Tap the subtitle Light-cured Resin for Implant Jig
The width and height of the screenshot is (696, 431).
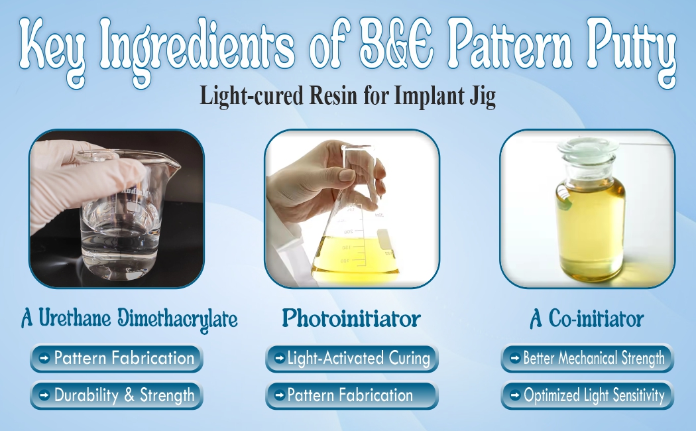tap(348, 97)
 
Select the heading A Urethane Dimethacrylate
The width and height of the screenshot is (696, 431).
tap(129, 320)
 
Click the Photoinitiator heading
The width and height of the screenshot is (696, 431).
tap(351, 319)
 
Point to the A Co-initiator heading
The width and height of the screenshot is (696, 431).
tap(587, 320)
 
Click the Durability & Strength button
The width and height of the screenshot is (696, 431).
tap(116, 396)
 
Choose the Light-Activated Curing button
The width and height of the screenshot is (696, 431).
tap(351, 359)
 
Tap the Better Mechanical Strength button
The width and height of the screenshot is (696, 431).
tap(587, 359)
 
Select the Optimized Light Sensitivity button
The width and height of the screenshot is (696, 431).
tap(587, 396)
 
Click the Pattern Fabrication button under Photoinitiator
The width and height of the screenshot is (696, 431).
tap(351, 396)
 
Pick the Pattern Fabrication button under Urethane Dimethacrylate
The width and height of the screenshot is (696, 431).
tap(116, 359)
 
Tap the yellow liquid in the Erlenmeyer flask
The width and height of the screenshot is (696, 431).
tap(356, 255)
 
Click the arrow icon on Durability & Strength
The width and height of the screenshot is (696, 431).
tap(44, 397)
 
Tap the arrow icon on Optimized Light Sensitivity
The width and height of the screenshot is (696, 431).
tap(514, 397)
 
